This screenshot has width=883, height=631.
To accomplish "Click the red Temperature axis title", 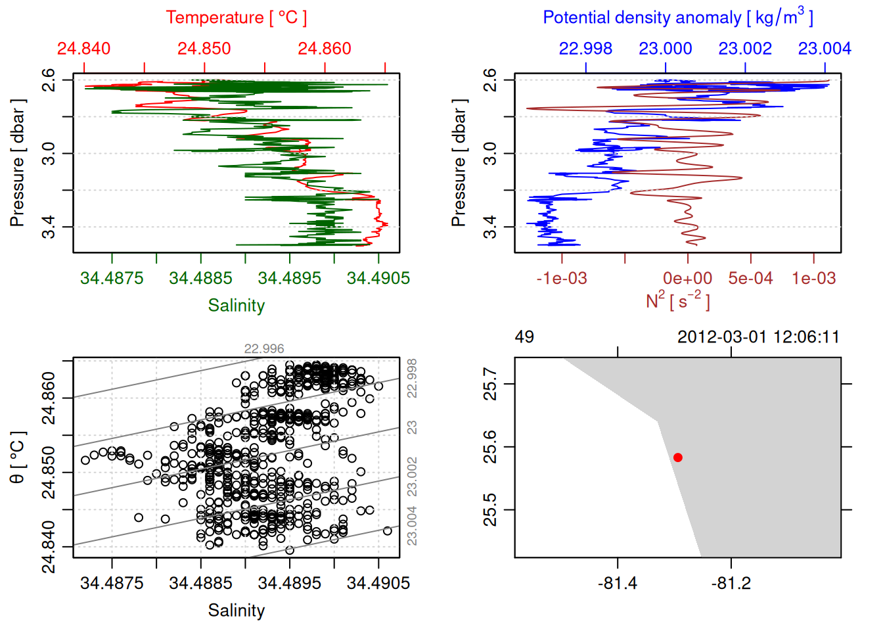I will coord(236,18).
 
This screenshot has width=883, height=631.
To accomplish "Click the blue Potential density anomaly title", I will coord(677,18).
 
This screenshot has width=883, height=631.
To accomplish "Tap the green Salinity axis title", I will coord(236,306).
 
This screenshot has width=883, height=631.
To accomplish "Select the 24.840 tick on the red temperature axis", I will coord(84,49).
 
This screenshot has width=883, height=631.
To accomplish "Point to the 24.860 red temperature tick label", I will coord(325,49).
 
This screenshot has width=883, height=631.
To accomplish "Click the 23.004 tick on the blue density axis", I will coord(825,49).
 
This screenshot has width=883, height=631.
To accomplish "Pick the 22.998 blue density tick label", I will coord(585,49).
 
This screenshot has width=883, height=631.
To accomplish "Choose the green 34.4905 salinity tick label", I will coord(378,278).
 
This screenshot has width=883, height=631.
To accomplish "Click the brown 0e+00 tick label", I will coord(687,278).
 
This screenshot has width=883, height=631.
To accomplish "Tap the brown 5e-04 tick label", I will coord(750,278).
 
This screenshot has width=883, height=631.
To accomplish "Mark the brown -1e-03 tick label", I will coord(562,278).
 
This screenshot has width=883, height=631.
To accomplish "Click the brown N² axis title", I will coord(677,300).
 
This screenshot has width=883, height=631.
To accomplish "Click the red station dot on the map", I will coord(678,457).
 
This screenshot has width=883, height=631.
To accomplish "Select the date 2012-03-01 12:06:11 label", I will coord(758,337).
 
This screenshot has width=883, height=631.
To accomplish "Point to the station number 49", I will coord(524,337).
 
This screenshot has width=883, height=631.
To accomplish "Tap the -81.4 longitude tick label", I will coord(618,583).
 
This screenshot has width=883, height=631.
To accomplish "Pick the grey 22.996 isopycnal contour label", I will coord(264,349).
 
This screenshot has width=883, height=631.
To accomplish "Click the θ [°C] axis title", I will coord(18,457).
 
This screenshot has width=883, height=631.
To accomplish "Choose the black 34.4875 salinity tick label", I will coord(112,583).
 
